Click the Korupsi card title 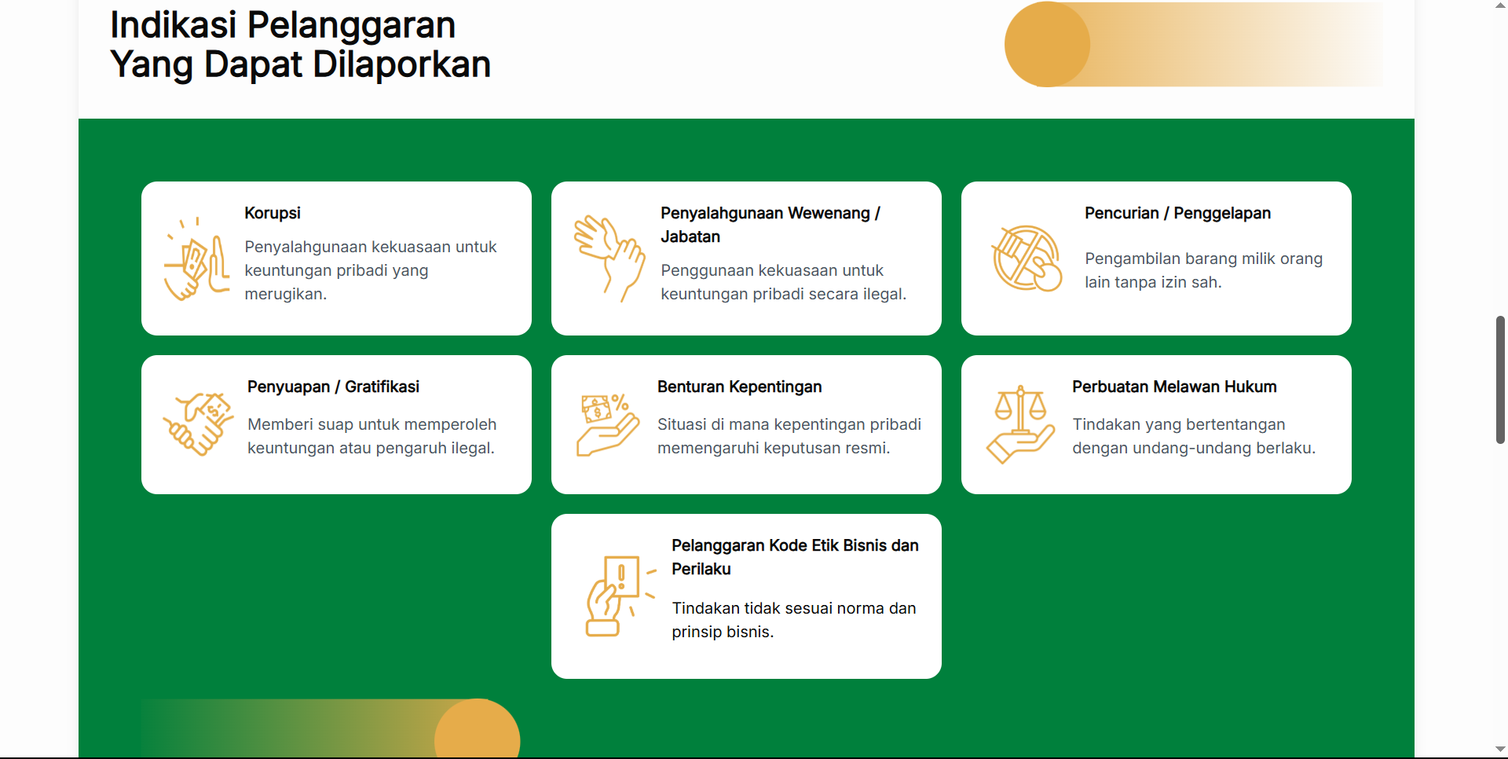(273, 213)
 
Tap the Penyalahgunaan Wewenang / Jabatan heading (770, 225)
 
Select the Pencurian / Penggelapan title (1177, 213)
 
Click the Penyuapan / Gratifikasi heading (333, 387)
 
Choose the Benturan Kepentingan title (739, 387)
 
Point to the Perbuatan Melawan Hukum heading (1174, 387)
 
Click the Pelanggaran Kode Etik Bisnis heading (795, 557)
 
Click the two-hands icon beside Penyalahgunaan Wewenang (609, 258)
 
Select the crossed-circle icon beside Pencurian (1027, 258)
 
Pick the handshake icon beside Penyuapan (198, 424)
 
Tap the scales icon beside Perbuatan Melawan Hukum (1020, 424)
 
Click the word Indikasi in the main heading (173, 24)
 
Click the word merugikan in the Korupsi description (285, 294)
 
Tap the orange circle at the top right (1047, 44)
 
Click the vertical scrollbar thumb (1500, 379)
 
